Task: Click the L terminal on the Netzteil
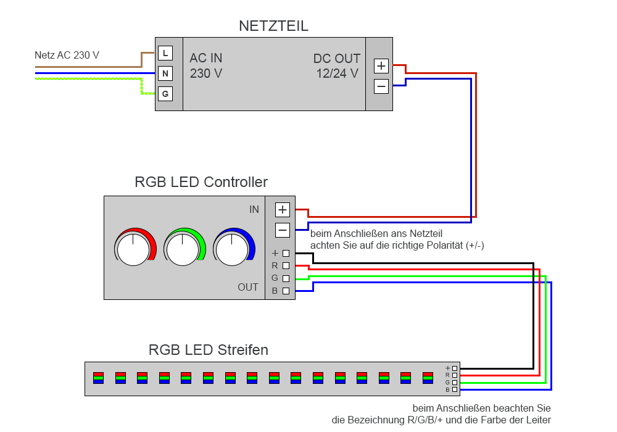pyautogui.click(x=165, y=54)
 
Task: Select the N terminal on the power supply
pyautogui.click(x=165, y=74)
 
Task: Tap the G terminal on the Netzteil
pyautogui.click(x=165, y=94)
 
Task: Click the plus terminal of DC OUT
pyautogui.click(x=381, y=66)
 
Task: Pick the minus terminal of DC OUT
pyautogui.click(x=381, y=86)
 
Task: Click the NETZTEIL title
pyautogui.click(x=273, y=26)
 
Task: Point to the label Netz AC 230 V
pyautogui.click(x=67, y=55)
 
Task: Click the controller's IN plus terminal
pyautogui.click(x=283, y=210)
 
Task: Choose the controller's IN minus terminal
pyautogui.click(x=283, y=230)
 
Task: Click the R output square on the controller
pyautogui.click(x=286, y=265)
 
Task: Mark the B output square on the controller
pyautogui.click(x=286, y=291)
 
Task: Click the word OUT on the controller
pyautogui.click(x=248, y=288)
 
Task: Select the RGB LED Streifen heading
pyautogui.click(x=209, y=351)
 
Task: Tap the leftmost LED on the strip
pyautogui.click(x=98, y=378)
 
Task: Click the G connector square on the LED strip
pyautogui.click(x=455, y=383)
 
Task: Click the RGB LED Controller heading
pyautogui.click(x=201, y=183)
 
